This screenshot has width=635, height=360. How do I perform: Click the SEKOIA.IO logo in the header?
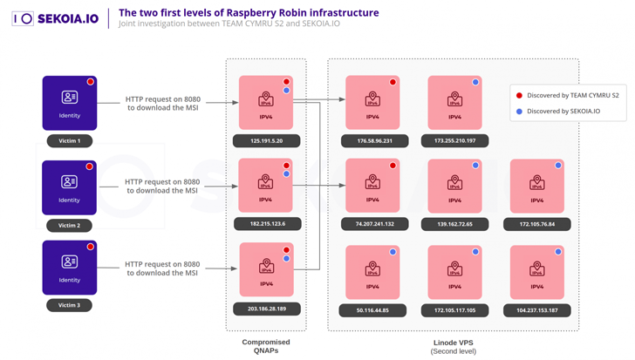[x=56, y=18]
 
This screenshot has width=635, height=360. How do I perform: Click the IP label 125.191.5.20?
[x=266, y=140]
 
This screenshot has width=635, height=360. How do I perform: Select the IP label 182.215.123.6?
[x=266, y=224]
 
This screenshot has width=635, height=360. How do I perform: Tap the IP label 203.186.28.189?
[x=266, y=309]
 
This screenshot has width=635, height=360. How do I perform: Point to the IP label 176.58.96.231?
[x=372, y=140]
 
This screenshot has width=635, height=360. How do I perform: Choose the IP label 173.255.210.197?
[x=454, y=140]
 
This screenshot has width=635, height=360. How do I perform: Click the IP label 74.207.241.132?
[x=372, y=224]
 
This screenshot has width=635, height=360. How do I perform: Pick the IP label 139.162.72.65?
[x=454, y=224]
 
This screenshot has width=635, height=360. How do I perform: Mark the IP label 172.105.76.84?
[x=536, y=224]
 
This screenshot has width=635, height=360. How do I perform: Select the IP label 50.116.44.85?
[x=372, y=310]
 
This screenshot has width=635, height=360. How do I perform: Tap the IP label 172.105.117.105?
[x=454, y=310]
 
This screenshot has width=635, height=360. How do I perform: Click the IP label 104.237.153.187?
[x=536, y=310]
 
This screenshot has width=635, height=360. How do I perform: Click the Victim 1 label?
[x=69, y=140]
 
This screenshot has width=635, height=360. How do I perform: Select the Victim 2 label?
[x=69, y=225]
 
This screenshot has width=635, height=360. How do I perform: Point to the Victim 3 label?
[x=69, y=305]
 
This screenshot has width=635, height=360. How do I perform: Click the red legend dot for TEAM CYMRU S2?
[x=520, y=95]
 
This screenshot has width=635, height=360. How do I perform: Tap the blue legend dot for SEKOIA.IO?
[x=520, y=111]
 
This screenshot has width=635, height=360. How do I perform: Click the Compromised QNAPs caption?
[x=266, y=346]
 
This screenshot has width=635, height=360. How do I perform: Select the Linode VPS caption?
[x=453, y=346]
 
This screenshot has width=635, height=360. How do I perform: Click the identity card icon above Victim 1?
[x=69, y=98]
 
